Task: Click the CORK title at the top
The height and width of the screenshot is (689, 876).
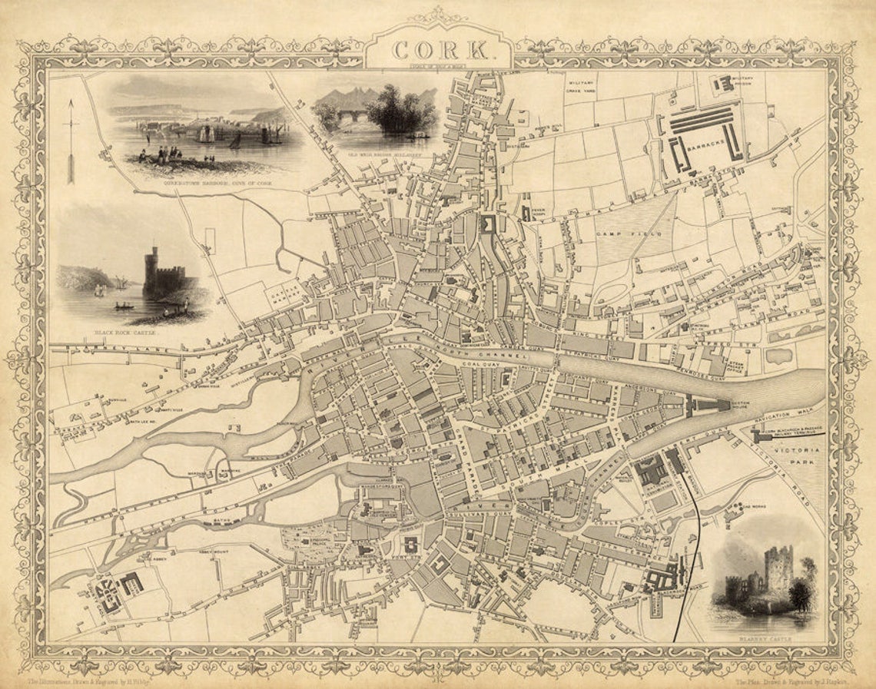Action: pos(439,51)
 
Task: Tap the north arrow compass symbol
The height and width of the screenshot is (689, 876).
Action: pos(71,142)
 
